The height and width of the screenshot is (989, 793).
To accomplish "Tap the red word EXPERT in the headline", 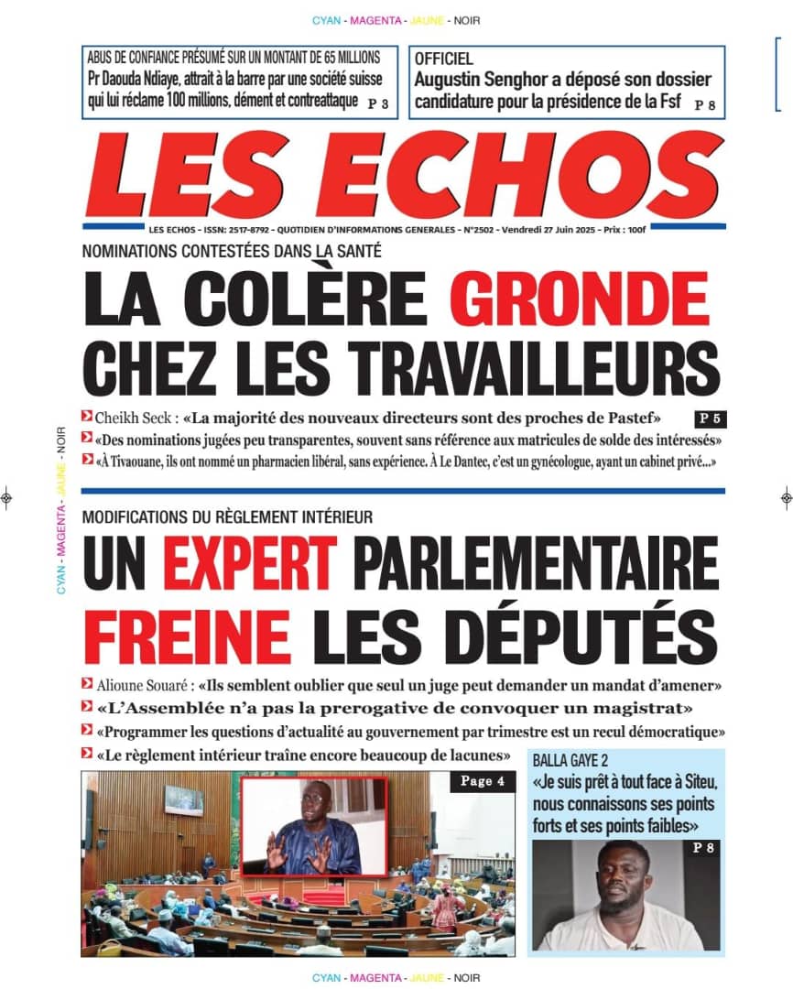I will (250, 563).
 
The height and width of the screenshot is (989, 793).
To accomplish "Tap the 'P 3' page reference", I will (378, 104).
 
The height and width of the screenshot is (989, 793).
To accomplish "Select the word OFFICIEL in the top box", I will (444, 59).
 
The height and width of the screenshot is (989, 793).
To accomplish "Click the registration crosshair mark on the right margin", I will (786, 498).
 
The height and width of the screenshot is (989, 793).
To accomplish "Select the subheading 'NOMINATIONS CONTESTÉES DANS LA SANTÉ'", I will (231, 251).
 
